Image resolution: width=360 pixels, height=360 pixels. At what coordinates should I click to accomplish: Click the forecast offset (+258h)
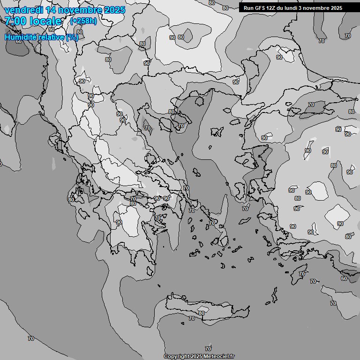point(83,21)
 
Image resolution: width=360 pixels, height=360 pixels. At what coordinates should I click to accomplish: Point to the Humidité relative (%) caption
point(41,37)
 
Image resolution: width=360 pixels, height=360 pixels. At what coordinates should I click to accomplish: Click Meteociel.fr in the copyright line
point(218,356)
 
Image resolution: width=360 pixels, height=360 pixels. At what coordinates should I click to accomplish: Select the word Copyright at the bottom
point(176,356)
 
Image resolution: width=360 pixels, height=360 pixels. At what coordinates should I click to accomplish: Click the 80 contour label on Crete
point(201,313)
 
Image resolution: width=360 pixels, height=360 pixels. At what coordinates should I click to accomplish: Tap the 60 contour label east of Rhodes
point(344,278)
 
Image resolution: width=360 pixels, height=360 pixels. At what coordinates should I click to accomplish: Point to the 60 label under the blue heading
point(19,41)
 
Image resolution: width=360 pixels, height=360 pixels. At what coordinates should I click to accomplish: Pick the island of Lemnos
point(217,132)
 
